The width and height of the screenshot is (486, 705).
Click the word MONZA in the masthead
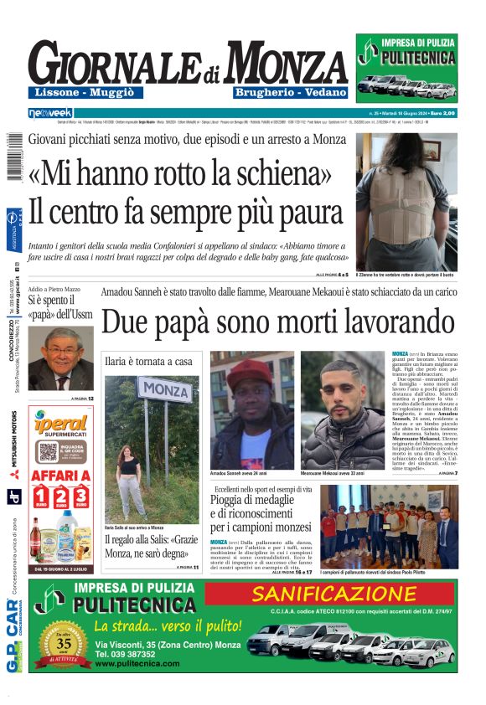click(286, 64)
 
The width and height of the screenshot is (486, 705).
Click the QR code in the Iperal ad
click(47, 452)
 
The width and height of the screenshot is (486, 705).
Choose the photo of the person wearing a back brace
click(406, 201)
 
